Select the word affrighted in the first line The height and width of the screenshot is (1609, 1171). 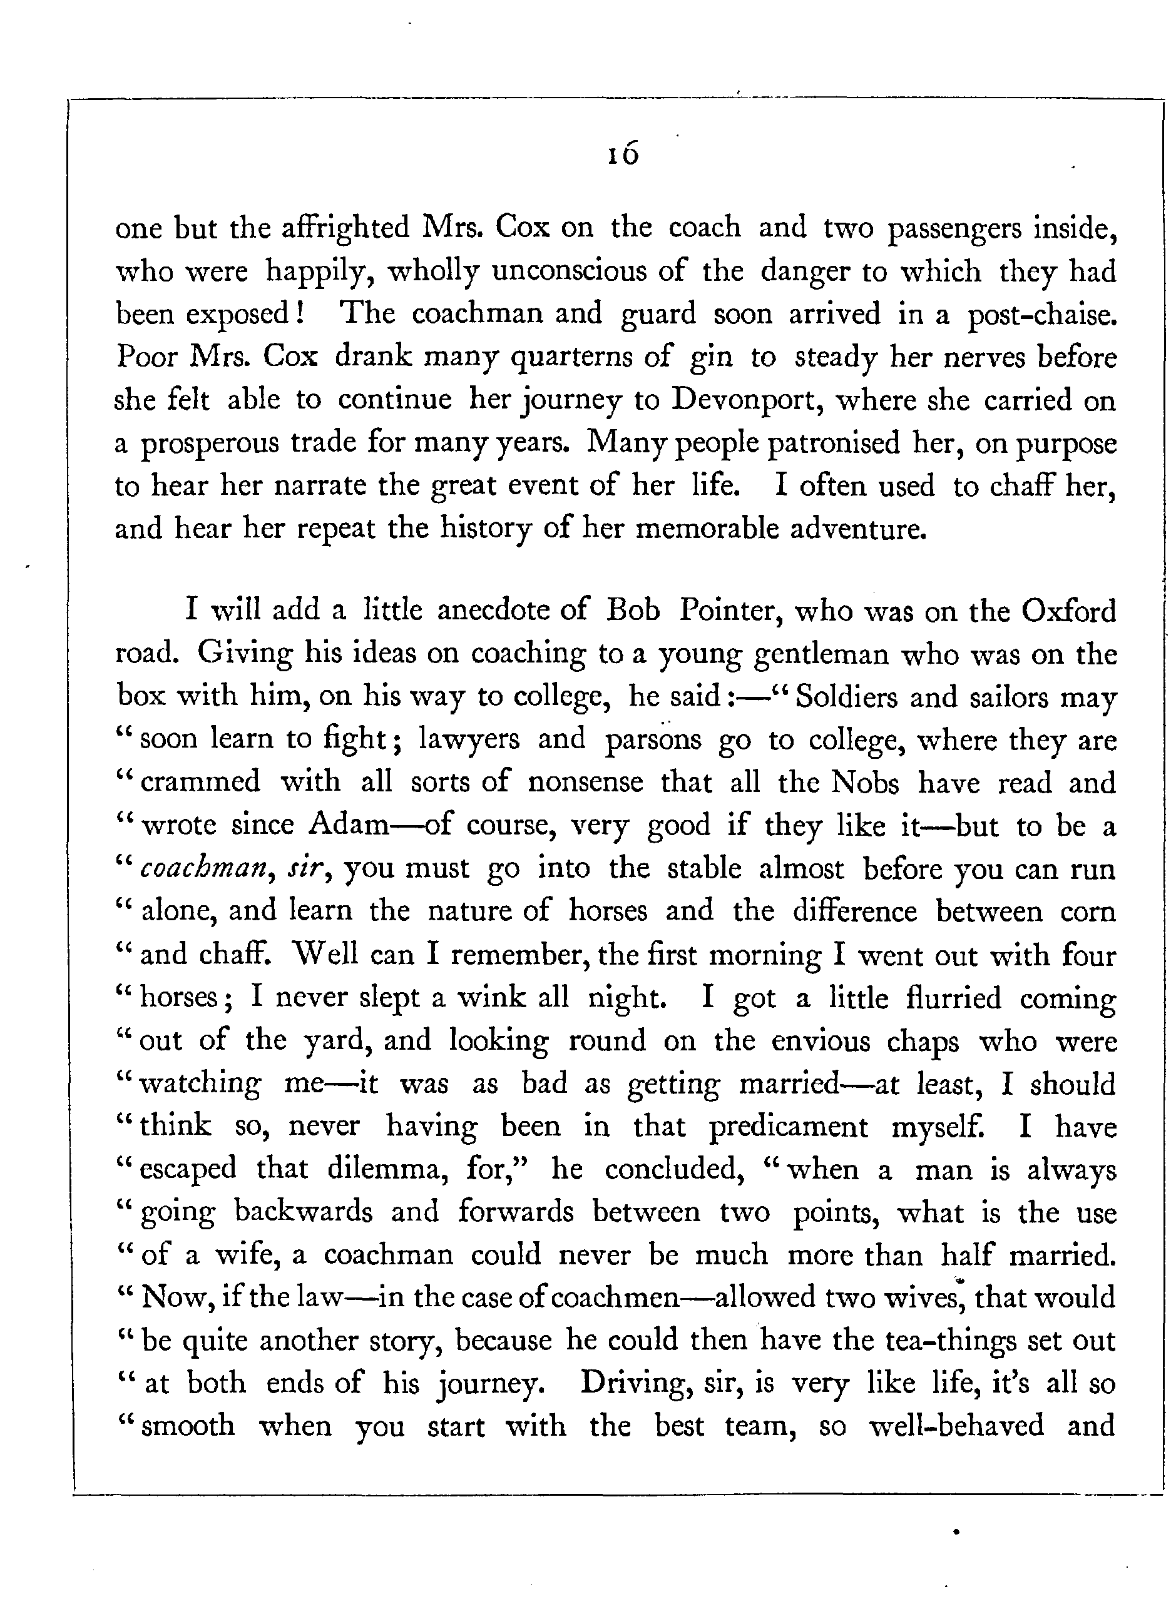(x=345, y=228)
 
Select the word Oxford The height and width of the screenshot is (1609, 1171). (x=1069, y=611)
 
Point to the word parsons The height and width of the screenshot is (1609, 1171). (x=653, y=740)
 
